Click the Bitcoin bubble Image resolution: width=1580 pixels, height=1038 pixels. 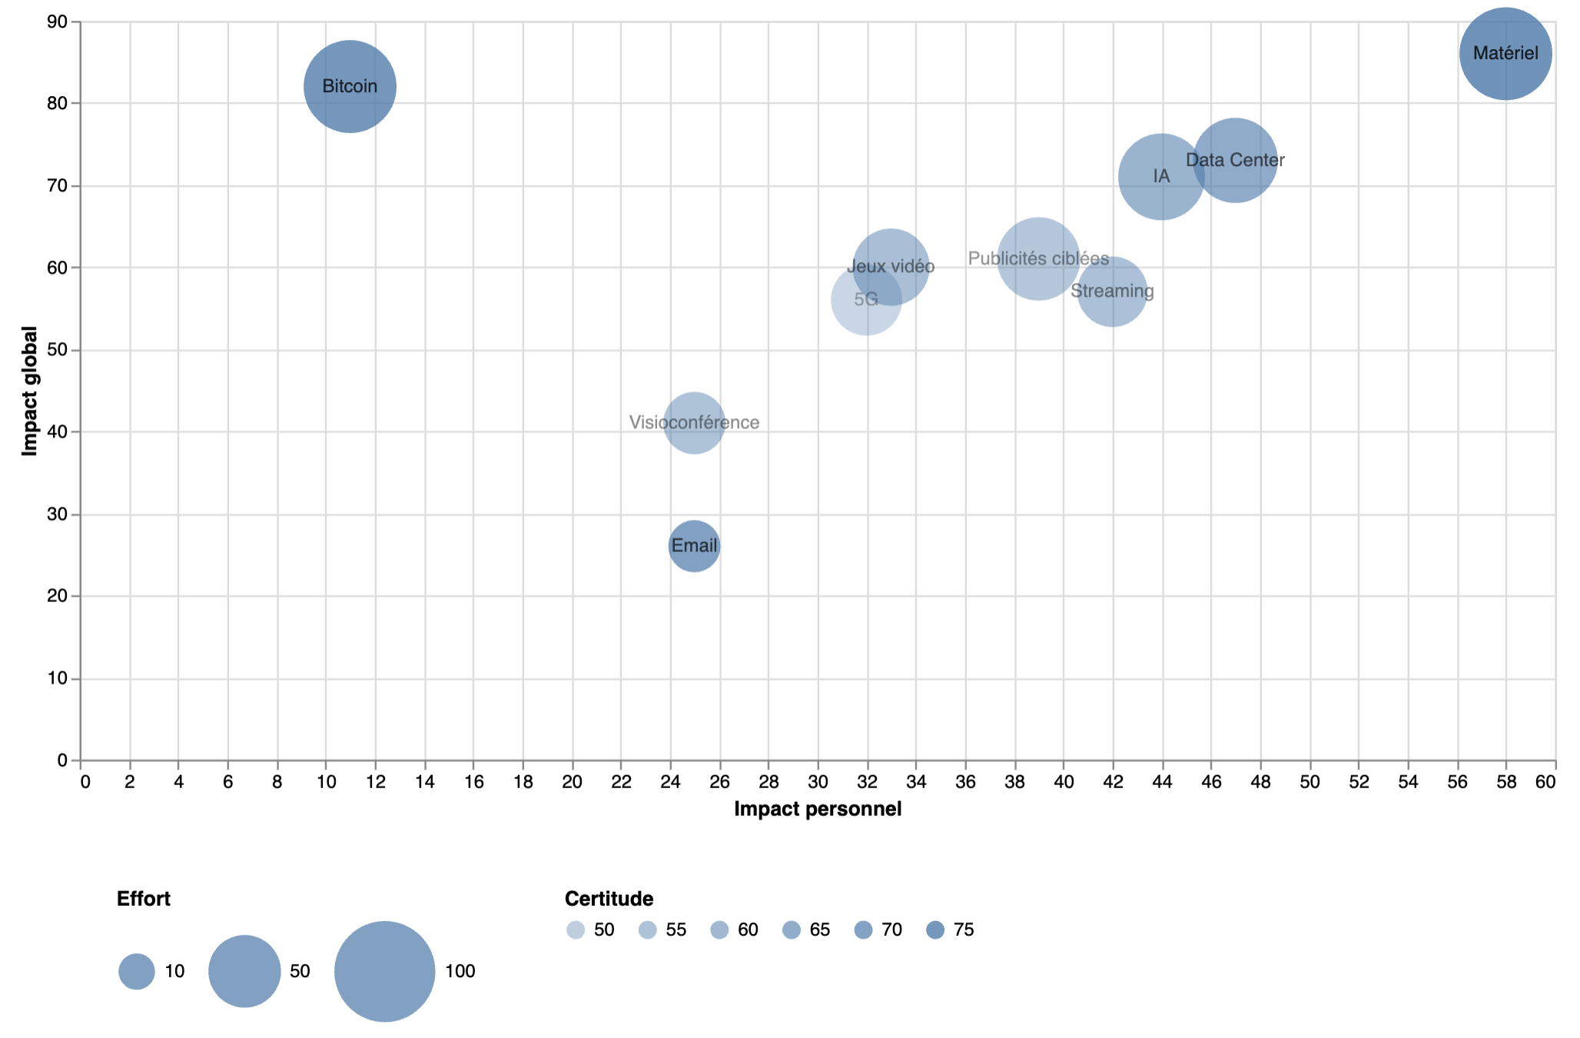(350, 86)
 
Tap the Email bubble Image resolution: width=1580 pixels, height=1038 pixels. (694, 546)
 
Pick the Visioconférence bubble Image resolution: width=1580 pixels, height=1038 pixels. (694, 422)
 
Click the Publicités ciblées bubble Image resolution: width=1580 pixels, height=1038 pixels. (1038, 258)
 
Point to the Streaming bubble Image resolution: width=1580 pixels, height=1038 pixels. (1112, 291)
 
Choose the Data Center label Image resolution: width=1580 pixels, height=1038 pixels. (1235, 160)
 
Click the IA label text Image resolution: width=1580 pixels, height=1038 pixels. (1161, 176)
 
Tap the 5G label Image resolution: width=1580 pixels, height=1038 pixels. (866, 299)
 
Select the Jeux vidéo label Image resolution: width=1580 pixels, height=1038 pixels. (891, 266)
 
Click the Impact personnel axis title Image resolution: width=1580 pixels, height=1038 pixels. (818, 809)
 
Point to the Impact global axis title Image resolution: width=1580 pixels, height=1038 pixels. (30, 391)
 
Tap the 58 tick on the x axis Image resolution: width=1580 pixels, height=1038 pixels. (1506, 782)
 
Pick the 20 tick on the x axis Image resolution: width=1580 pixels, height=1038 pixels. (573, 782)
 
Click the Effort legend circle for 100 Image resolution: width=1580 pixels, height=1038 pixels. (384, 971)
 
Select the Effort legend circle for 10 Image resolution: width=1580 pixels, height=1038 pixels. (137, 971)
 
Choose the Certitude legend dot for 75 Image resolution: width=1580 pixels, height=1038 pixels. (935, 930)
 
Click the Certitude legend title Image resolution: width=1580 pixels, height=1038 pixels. (609, 898)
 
